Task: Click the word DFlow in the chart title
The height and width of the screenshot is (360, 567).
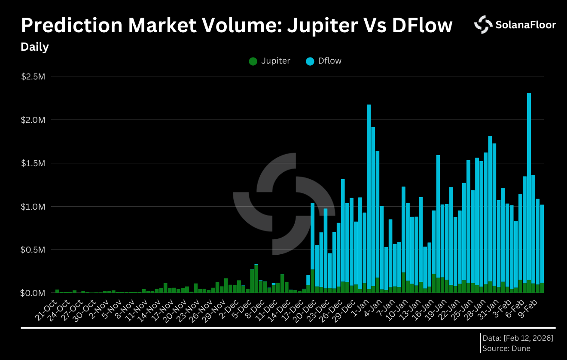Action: point(422,26)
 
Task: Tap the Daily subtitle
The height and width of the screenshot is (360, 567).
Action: point(35,47)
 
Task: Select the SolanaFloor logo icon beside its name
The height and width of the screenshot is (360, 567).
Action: point(483,24)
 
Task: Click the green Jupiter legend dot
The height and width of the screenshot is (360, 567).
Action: point(253,61)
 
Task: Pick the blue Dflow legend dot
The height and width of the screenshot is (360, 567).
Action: point(310,61)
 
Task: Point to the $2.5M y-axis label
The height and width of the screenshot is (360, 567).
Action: point(33,77)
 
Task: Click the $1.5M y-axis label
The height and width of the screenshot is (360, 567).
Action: point(33,163)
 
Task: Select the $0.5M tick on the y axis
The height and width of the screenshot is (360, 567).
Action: point(33,250)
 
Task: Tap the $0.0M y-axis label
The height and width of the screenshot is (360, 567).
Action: point(33,293)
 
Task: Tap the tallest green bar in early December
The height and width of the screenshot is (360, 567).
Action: point(256,278)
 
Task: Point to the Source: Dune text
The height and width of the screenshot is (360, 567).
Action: point(506,348)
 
